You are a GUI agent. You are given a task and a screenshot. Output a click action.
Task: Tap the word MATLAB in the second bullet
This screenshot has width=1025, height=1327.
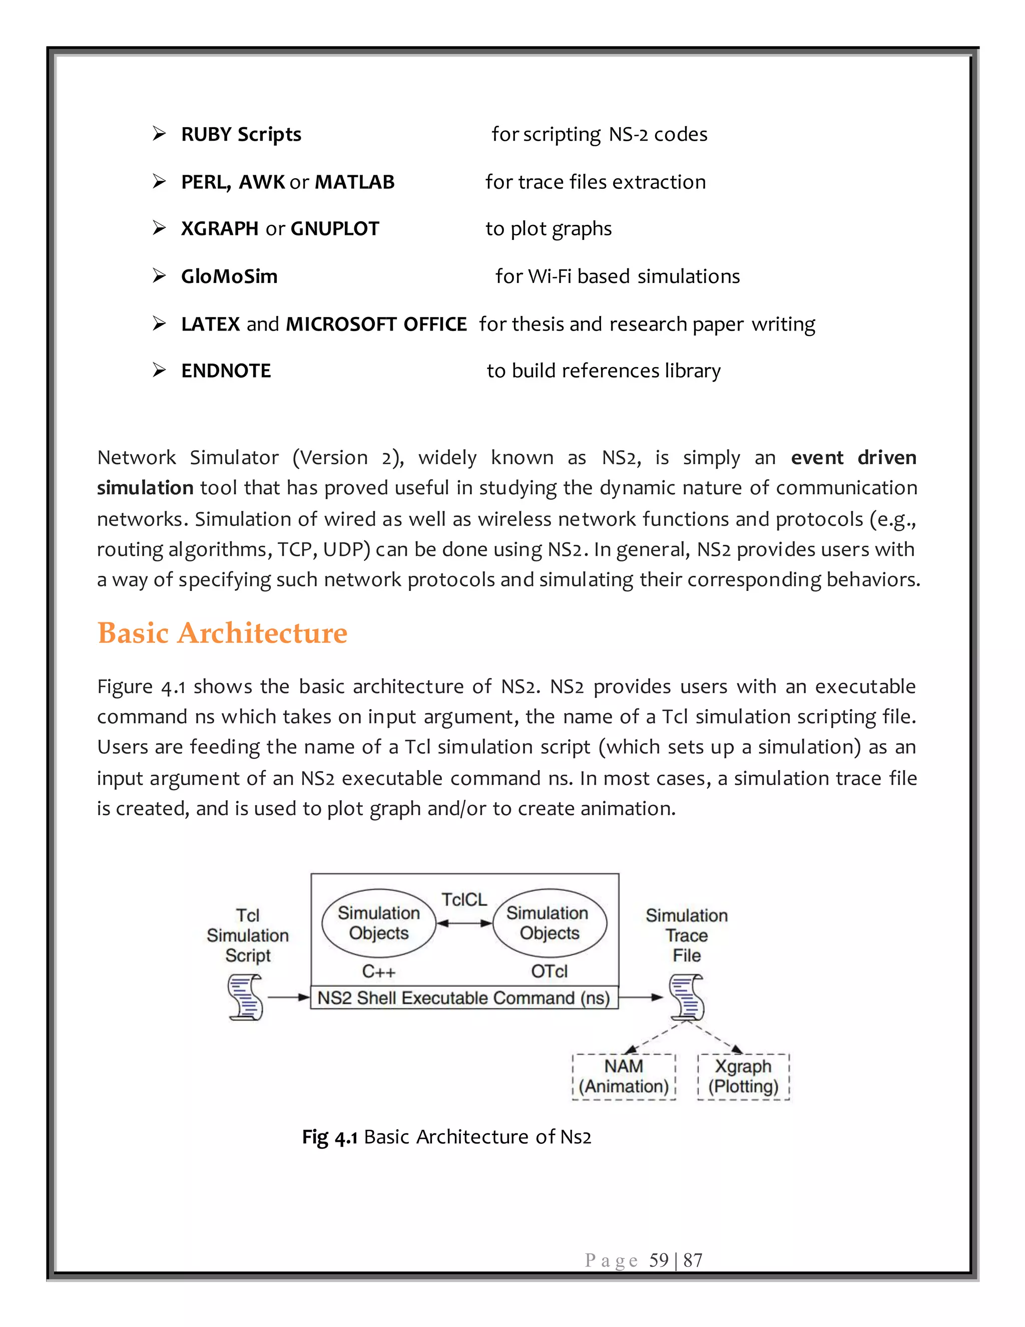(355, 182)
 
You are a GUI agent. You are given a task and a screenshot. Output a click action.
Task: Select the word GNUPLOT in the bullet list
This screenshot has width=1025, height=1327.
(335, 228)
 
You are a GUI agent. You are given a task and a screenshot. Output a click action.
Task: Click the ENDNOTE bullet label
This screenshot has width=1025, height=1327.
(226, 371)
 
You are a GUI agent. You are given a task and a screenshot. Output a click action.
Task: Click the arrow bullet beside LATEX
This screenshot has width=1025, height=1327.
(159, 323)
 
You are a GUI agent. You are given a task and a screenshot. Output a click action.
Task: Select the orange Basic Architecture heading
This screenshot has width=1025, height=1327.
(222, 633)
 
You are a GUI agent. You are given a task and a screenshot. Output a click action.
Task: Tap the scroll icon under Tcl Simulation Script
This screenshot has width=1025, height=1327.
(246, 997)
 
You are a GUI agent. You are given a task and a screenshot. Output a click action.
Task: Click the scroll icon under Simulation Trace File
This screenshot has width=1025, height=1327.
(687, 997)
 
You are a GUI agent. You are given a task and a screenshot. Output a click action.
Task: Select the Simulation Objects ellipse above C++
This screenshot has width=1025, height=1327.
(379, 923)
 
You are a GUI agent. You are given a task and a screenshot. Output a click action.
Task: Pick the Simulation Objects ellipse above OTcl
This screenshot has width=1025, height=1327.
(549, 923)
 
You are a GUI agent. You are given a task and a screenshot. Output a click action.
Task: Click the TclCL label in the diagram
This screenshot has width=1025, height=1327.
(464, 899)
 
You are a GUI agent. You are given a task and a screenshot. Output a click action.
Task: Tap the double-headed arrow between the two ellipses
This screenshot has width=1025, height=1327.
(464, 923)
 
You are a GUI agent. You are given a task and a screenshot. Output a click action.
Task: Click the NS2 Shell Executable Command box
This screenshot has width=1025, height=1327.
(464, 998)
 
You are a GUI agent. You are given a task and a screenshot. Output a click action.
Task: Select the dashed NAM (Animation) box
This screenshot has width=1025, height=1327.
(624, 1077)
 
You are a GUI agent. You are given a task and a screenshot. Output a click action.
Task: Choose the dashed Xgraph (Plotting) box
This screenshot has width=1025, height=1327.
(743, 1077)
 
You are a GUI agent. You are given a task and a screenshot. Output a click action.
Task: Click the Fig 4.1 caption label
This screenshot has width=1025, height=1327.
(330, 1137)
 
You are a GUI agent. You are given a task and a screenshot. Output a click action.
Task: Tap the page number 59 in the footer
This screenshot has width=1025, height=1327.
(659, 1260)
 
